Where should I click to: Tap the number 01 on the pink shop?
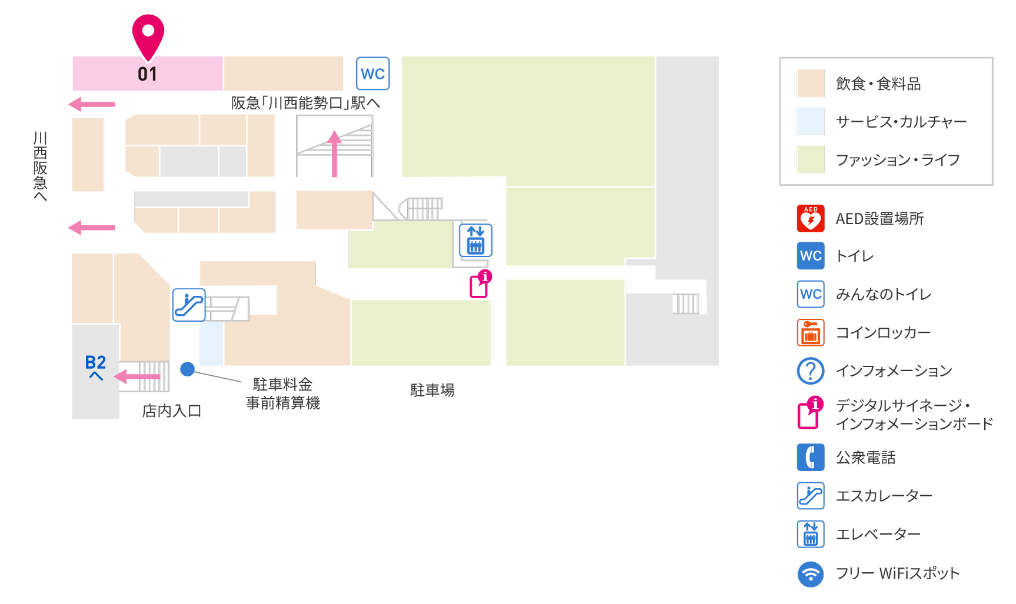148,74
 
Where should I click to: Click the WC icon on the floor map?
373,74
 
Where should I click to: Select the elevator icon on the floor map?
475,240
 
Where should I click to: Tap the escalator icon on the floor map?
189,305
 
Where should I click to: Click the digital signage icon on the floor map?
480,284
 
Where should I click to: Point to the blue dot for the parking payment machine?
188,369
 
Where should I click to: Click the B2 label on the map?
95,362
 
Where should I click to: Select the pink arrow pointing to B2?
136,376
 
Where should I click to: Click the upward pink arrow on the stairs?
334,154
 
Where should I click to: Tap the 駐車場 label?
432,390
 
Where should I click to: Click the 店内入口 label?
172,411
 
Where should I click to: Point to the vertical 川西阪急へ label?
40,166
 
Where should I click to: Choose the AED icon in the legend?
811,218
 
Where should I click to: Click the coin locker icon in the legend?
811,332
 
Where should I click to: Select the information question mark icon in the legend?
811,371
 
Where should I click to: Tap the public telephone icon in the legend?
811,457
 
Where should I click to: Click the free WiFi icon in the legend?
811,574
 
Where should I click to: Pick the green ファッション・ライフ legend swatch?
811,159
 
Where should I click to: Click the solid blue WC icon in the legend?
811,256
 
